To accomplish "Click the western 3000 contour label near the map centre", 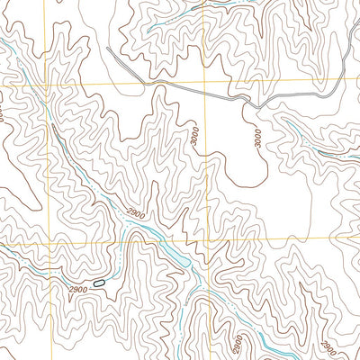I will click(195, 135).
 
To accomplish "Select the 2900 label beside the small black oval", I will click(77, 288).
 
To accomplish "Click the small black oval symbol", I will click(98, 283).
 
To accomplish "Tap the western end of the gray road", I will click(108, 49).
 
